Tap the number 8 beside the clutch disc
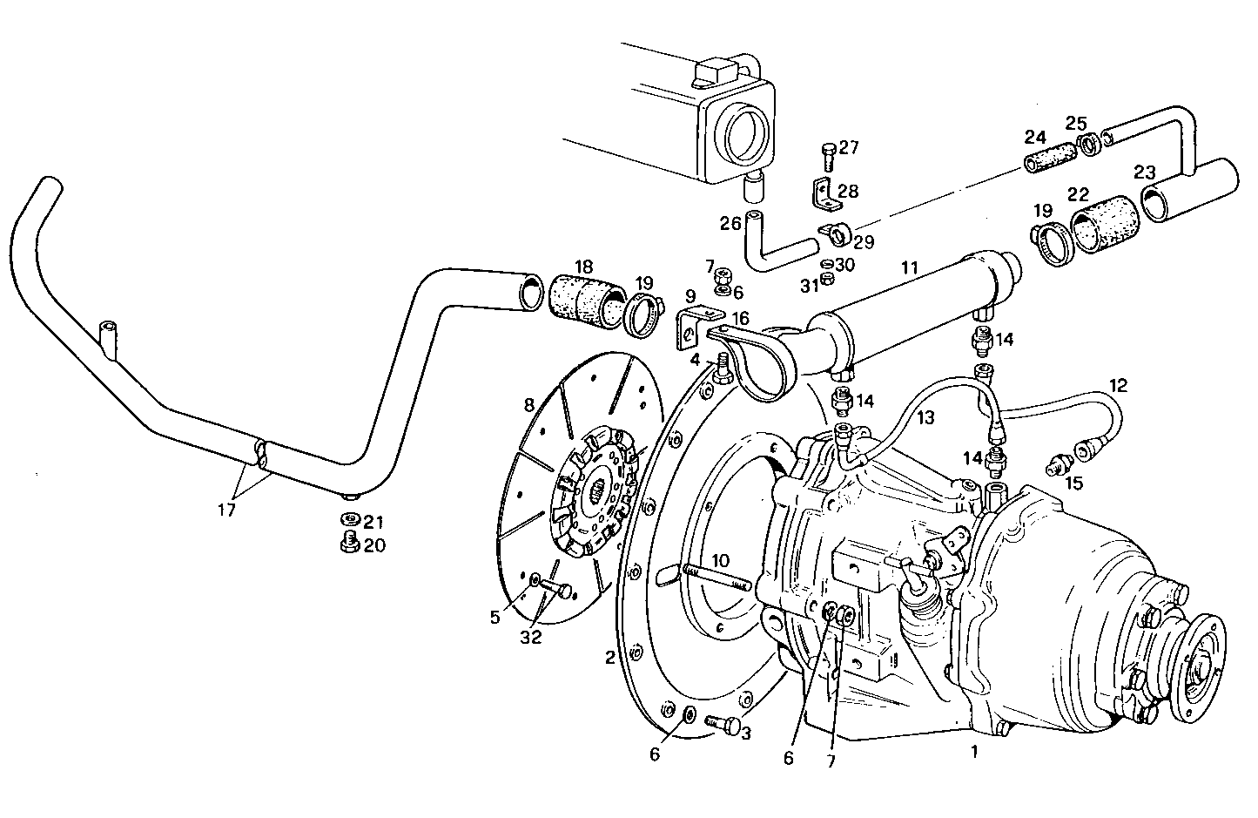point(528,404)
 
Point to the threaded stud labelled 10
point(716,578)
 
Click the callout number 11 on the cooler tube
point(909,269)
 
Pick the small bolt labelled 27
point(827,159)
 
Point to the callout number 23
point(1146,172)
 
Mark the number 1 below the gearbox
point(974,751)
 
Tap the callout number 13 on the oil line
point(925,418)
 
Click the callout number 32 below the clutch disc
point(531,637)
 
